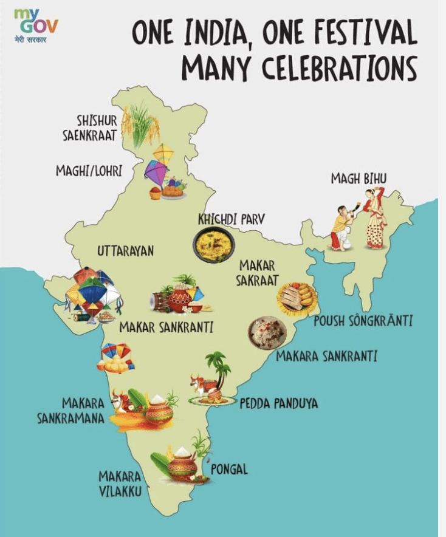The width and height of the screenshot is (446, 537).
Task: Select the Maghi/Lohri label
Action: click(89, 171)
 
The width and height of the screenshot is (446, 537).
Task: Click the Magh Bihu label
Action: click(359, 178)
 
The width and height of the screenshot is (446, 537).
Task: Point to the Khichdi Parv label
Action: click(231, 219)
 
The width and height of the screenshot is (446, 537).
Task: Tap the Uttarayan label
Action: click(125, 250)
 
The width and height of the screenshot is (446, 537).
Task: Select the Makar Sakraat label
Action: click(258, 273)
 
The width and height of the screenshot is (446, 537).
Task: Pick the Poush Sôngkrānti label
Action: click(363, 321)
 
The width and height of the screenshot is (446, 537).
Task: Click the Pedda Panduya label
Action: click(278, 403)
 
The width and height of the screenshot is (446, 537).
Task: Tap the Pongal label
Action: click(229, 470)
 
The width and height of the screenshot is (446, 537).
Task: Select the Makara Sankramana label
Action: click(83, 411)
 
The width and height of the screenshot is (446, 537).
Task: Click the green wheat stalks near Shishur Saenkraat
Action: click(140, 125)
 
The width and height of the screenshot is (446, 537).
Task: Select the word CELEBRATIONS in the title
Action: click(340, 68)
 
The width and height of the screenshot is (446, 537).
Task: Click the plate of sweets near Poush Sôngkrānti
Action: click(297, 298)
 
